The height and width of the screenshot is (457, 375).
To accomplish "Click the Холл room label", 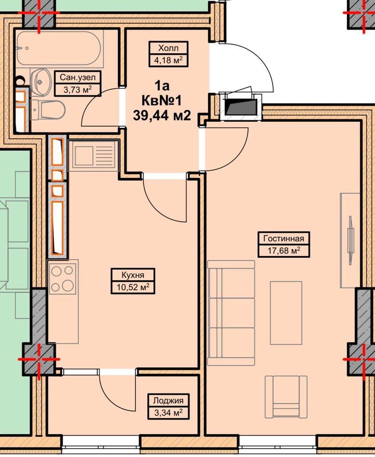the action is pyautogui.click(x=168, y=47).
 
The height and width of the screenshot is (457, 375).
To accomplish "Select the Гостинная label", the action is pyautogui.click(x=284, y=238).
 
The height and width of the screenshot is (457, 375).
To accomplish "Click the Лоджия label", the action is pyautogui.click(x=168, y=400).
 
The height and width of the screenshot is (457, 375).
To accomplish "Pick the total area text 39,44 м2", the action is pyautogui.click(x=162, y=116).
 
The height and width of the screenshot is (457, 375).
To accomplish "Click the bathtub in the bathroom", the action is pyautogui.click(x=58, y=48).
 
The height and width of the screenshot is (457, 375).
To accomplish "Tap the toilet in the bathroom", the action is pyautogui.click(x=48, y=110).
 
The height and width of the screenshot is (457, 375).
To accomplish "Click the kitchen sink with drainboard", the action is pyautogui.click(x=94, y=156).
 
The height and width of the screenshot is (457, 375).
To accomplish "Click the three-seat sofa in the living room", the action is pyautogui.click(x=231, y=313).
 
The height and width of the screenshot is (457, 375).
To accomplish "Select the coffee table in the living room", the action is pyautogui.click(x=286, y=313).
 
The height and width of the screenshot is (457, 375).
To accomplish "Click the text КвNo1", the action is pyautogui.click(x=162, y=101).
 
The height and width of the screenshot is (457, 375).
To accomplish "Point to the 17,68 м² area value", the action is pyautogui.click(x=284, y=250).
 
